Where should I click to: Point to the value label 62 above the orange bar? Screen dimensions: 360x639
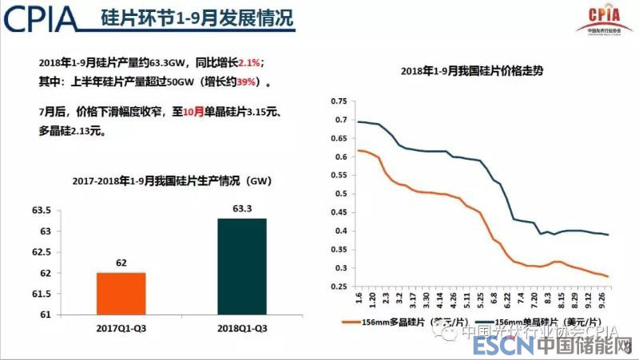tap(121, 262)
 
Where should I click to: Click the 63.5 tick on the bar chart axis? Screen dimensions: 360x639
tap(40, 211)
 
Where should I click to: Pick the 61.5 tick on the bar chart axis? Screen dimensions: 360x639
tap(40, 294)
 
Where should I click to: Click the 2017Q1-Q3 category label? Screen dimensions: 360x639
tap(121, 328)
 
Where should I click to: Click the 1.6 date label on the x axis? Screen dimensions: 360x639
tap(359, 299)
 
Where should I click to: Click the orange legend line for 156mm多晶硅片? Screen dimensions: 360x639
tap(351, 322)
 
